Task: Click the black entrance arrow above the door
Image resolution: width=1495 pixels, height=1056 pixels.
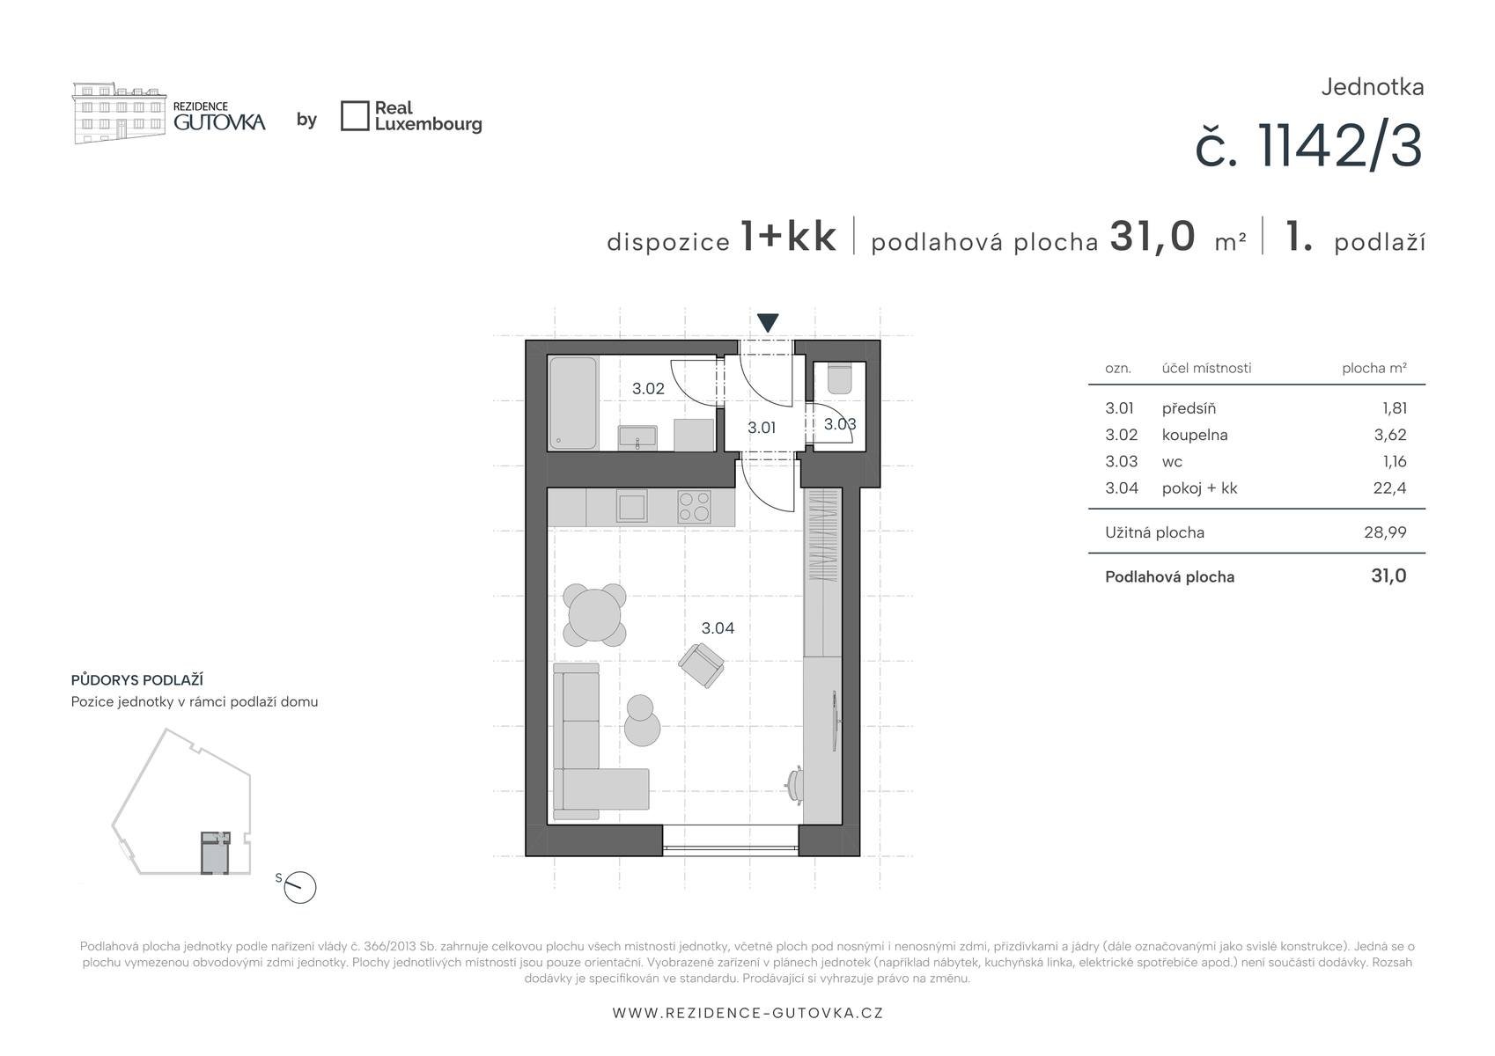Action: (768, 322)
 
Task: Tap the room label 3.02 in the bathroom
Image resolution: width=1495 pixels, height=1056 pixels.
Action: (648, 388)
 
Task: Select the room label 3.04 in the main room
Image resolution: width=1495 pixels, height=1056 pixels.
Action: (718, 627)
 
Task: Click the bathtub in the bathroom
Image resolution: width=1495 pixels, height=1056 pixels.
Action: (572, 403)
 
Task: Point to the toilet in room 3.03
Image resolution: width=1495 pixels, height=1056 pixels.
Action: (839, 378)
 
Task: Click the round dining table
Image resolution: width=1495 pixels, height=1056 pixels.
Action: (594, 615)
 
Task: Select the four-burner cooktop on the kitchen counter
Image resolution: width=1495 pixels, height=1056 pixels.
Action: (694, 506)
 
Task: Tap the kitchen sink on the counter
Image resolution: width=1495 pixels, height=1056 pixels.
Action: (630, 506)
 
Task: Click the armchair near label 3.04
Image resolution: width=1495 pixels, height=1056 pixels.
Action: (702, 665)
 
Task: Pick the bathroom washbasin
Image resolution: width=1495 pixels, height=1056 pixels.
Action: (637, 437)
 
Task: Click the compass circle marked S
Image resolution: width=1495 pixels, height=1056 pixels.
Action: (299, 888)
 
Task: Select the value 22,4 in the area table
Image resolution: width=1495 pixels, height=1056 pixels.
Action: (1389, 488)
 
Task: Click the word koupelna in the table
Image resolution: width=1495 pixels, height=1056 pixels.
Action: (1195, 435)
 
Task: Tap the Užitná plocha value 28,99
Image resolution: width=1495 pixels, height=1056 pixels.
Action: (1386, 532)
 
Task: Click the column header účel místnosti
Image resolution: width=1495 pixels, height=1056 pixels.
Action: (1207, 368)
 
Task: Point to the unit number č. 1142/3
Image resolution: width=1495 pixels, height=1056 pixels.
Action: (1309, 146)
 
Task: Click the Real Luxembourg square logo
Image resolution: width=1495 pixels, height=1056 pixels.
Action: (355, 116)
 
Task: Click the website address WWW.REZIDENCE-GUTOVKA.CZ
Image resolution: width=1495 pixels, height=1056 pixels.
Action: (747, 1013)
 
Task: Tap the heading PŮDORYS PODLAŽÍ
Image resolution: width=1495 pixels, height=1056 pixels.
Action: (136, 679)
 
